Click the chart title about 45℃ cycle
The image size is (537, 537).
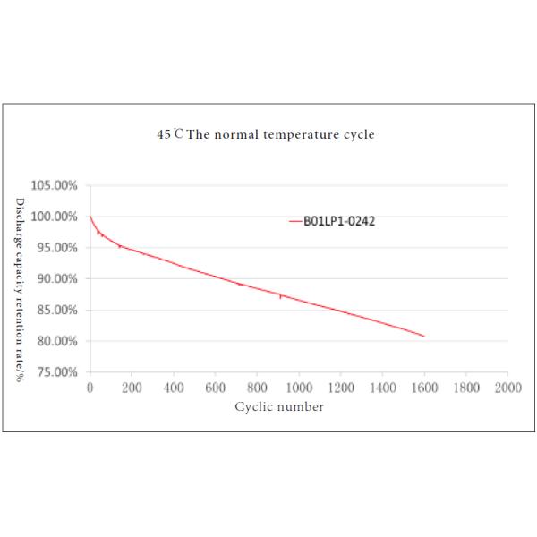coord(263,135)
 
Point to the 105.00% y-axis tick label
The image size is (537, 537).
coord(55,185)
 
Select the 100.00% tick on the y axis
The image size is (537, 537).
coord(55,217)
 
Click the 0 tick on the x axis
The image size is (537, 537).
coord(89,388)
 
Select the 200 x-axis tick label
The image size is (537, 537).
coord(132,388)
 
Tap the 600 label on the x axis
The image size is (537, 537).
coord(215,388)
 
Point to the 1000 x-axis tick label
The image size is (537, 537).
coord(298,388)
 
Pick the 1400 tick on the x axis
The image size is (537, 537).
coord(382,388)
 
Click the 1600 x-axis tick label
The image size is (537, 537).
coord(424,388)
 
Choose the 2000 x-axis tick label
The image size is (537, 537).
coord(507,388)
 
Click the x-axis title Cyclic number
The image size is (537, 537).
coord(279,406)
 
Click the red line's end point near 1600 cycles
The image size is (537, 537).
coord(423,336)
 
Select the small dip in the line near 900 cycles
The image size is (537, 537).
coord(280,297)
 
